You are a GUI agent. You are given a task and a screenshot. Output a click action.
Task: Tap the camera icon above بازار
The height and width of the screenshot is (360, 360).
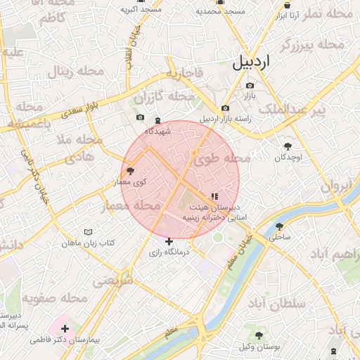250,85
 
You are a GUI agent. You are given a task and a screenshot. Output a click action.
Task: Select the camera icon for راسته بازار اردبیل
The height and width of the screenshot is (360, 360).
225,108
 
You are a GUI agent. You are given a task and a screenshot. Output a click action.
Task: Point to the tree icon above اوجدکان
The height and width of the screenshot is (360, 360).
288,146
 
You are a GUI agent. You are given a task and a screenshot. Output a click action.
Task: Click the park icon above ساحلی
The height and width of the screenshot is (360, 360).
280,226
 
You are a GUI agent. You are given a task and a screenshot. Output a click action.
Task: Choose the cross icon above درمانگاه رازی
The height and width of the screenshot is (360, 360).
169,241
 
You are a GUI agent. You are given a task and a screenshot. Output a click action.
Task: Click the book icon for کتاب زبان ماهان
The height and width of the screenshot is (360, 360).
88,232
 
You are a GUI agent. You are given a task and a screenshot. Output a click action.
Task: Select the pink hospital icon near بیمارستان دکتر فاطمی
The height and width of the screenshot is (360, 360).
65,328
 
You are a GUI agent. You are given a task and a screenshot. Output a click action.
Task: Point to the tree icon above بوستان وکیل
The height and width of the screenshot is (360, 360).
259,335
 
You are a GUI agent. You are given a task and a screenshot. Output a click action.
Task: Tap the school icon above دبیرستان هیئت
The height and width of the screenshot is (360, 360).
214,196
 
